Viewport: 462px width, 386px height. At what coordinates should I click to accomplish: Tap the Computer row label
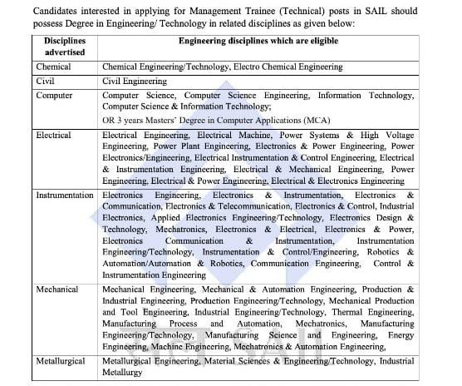click(x=55, y=96)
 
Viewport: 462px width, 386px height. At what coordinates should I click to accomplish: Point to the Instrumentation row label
click(x=65, y=195)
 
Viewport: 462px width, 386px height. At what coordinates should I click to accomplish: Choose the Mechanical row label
click(x=57, y=289)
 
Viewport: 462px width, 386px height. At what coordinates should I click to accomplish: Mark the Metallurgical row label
click(x=62, y=362)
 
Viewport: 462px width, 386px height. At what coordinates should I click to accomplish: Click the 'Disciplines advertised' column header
click(x=65, y=46)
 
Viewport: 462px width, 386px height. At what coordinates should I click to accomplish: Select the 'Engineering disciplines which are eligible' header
click(x=256, y=40)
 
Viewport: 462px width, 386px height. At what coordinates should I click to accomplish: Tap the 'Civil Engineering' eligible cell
click(x=135, y=81)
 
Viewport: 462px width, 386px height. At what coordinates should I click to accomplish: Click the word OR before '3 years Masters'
click(x=110, y=120)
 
